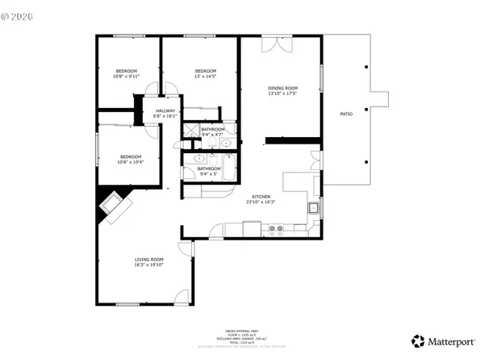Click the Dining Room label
282,90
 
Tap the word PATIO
346,115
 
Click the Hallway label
165,113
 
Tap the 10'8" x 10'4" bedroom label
131,159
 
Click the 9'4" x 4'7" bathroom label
212,131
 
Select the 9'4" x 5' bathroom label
210,170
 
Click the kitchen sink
312,209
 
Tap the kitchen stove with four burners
276,229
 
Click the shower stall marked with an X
190,131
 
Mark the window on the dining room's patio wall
322,79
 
